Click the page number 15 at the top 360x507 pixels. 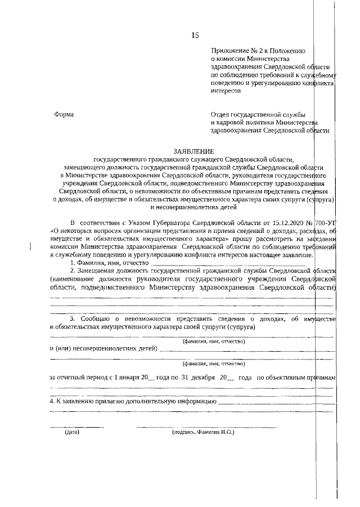click(x=195, y=35)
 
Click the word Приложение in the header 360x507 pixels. click(x=227, y=50)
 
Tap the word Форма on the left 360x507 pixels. click(x=64, y=114)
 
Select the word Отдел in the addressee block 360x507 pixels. click(x=219, y=114)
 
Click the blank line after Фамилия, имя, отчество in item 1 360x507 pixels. click(x=228, y=263)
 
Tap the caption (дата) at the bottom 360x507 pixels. click(x=72, y=433)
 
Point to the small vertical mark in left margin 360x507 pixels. click(x=30, y=245)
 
